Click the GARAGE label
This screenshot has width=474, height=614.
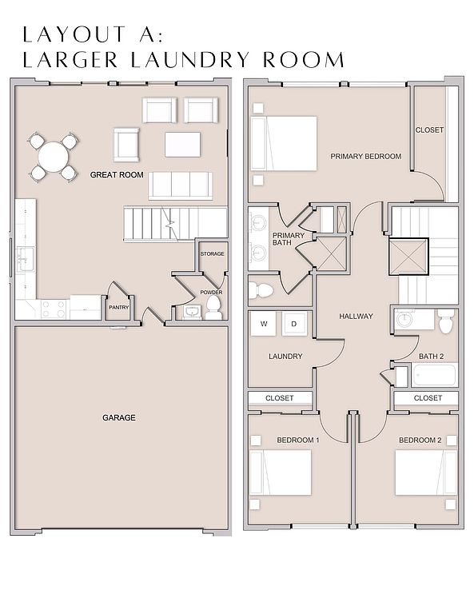[x=119, y=418]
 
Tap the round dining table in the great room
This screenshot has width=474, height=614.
[x=54, y=157]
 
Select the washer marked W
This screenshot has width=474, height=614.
[x=264, y=324]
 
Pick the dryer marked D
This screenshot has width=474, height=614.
[x=294, y=324]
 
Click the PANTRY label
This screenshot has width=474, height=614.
[x=118, y=307]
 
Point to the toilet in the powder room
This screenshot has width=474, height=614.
[x=213, y=307]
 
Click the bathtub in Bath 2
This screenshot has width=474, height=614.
[x=434, y=375]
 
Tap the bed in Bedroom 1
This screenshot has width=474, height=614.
[x=281, y=472]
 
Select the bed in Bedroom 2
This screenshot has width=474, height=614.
[x=426, y=472]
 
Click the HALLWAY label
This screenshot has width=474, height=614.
[x=356, y=316]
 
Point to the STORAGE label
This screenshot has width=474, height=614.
[x=212, y=253]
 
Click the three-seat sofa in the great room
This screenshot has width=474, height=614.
[x=181, y=185]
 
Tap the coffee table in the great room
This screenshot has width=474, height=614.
[x=182, y=145]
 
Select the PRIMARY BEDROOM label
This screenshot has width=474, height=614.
[x=365, y=156]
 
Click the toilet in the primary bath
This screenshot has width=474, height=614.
[x=261, y=290]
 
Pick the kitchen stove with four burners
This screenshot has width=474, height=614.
[x=54, y=309]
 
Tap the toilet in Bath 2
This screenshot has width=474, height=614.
[x=446, y=321]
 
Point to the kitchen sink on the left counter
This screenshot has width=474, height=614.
[x=25, y=259]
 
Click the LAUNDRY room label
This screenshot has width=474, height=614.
[x=285, y=357]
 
